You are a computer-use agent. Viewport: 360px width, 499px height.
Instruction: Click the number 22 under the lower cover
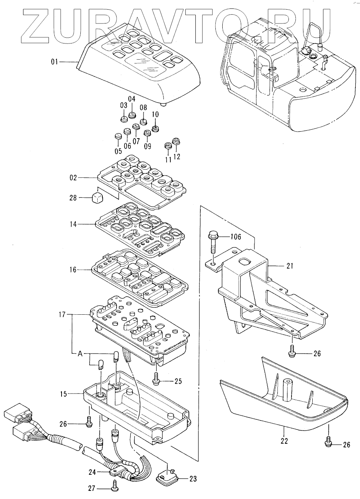284,441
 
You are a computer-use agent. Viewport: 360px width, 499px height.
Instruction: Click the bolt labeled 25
156,379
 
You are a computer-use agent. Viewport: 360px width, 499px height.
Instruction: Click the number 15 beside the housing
63,394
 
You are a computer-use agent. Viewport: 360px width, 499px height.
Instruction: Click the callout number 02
73,178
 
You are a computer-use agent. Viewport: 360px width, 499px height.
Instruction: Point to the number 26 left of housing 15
63,424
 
